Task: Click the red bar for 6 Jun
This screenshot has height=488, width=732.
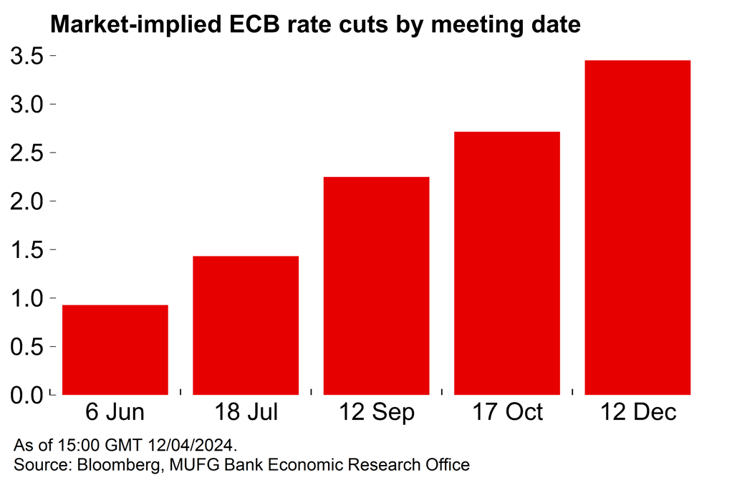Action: tap(115, 350)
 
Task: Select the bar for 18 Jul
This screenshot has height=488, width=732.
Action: tap(246, 325)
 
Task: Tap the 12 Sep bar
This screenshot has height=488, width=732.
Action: tap(377, 285)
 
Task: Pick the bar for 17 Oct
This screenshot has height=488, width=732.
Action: tap(507, 263)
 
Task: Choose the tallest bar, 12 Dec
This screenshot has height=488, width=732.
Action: tap(637, 227)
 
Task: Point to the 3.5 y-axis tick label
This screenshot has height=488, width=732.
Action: tap(27, 56)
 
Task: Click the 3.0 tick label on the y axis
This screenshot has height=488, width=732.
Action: tap(27, 105)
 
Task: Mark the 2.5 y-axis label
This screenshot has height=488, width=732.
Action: tap(27, 153)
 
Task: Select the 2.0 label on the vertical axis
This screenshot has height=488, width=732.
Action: tap(27, 201)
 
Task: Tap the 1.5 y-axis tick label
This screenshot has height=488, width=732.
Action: tap(27, 250)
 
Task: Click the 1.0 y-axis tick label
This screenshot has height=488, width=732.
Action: tap(27, 298)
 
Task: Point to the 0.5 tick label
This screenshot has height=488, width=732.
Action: tap(27, 347)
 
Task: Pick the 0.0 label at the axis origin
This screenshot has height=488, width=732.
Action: tap(27, 395)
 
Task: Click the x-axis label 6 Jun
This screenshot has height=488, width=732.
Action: tap(115, 413)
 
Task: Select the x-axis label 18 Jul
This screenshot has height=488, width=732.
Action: tap(246, 413)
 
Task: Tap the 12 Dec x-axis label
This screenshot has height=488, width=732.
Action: tap(637, 413)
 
